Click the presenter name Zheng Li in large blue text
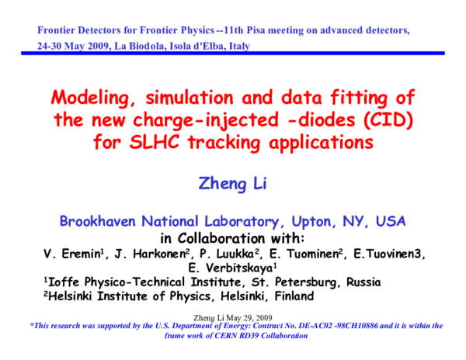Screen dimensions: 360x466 click(x=232, y=183)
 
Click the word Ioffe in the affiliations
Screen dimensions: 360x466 click(x=66, y=282)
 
